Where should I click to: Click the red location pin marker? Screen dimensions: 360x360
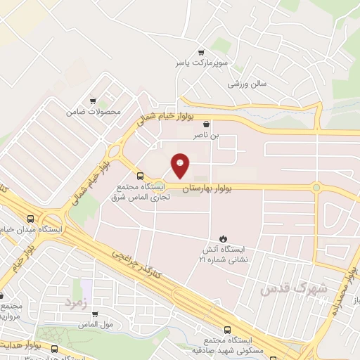[180, 165]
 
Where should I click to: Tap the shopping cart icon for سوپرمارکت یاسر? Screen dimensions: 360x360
[202, 52]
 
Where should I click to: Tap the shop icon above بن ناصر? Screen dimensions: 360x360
[205, 122]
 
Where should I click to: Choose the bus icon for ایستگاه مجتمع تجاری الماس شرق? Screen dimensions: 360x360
[139, 176]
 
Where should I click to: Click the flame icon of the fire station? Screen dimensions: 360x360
[224, 238]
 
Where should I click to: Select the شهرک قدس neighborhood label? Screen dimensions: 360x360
[284, 289]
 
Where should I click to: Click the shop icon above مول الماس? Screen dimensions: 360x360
[95, 314]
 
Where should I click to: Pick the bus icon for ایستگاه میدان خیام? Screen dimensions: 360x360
[31, 219]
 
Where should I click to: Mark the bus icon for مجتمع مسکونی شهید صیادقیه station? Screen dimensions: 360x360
[226, 330]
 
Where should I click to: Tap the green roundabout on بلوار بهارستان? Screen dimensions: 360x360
[316, 188]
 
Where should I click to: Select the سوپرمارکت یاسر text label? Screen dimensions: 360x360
[202, 63]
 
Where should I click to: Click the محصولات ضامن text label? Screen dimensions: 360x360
[94, 112]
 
